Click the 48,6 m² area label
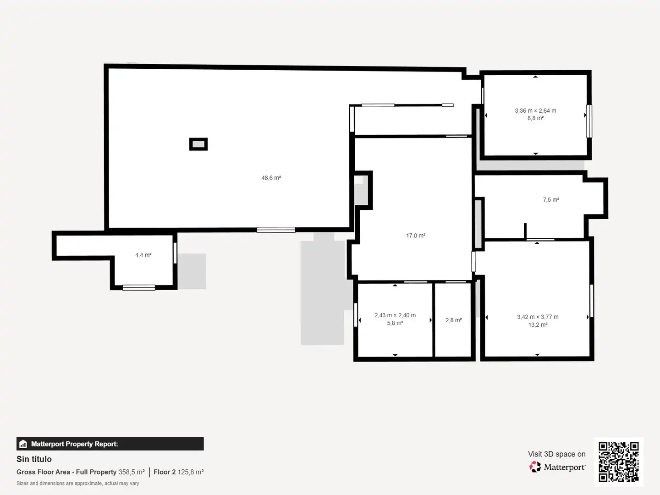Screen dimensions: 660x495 tap(271, 178)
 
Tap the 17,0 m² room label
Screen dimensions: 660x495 tap(416, 236)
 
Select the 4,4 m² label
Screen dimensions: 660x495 tap(143, 255)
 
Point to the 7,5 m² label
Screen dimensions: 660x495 tap(551, 200)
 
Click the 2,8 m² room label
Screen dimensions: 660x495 tap(453, 320)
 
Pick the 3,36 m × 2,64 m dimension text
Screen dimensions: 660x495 tap(535, 110)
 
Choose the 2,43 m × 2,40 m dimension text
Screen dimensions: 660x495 tap(395, 315)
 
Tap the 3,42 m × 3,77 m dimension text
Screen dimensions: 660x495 tap(538, 317)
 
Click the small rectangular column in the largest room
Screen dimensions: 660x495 tap(198, 144)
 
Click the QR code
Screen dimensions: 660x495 tap(618, 462)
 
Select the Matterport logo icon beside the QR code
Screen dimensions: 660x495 tap(535, 467)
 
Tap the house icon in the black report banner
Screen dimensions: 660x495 tap(23, 444)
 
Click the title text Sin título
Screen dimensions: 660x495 tap(34, 459)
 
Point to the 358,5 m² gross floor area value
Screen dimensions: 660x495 tap(132, 472)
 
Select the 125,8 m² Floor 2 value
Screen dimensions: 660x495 tap(191, 472)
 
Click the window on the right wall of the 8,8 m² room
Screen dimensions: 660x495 tap(589, 121)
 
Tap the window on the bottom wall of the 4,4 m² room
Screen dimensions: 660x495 tap(138, 288)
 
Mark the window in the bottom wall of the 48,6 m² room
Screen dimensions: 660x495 tap(276, 230)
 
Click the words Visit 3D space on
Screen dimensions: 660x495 tap(556, 454)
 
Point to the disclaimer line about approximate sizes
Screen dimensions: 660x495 tap(77, 483)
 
